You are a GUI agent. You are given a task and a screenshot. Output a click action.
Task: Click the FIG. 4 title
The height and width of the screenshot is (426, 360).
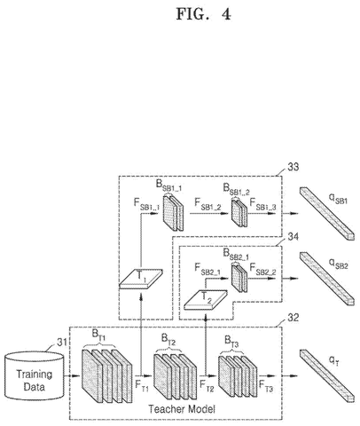tap(204, 14)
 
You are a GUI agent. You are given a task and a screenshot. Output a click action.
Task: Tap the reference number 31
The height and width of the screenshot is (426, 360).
tap(62, 343)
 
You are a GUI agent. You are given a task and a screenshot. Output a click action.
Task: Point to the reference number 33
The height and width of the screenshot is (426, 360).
tap(293, 167)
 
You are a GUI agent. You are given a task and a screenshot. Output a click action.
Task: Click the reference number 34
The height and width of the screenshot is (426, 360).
tap(293, 237)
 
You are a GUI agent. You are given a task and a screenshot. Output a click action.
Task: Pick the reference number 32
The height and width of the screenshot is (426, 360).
tap(293, 318)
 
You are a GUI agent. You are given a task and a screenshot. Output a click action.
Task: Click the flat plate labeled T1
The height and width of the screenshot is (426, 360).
tap(141, 279)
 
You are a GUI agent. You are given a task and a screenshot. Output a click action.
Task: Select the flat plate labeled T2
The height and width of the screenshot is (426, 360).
tap(206, 300)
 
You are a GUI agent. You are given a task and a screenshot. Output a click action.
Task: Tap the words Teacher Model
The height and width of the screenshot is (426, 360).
tap(182, 409)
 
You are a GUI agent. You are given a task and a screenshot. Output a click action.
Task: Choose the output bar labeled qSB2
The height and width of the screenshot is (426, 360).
tap(327, 279)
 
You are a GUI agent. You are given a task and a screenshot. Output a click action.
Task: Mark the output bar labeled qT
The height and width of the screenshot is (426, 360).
tap(327, 376)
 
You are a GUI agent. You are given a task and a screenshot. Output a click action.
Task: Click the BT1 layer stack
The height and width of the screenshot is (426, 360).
tap(106, 376)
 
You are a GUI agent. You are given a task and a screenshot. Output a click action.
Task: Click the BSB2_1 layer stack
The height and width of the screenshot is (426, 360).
tap(239, 278)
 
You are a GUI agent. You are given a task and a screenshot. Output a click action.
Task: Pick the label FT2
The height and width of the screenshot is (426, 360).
tap(207, 385)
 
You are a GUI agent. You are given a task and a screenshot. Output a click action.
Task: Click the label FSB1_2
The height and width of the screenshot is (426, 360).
tap(207, 204)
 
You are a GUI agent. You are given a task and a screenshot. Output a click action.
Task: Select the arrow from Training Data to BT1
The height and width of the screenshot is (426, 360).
tap(72, 376)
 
